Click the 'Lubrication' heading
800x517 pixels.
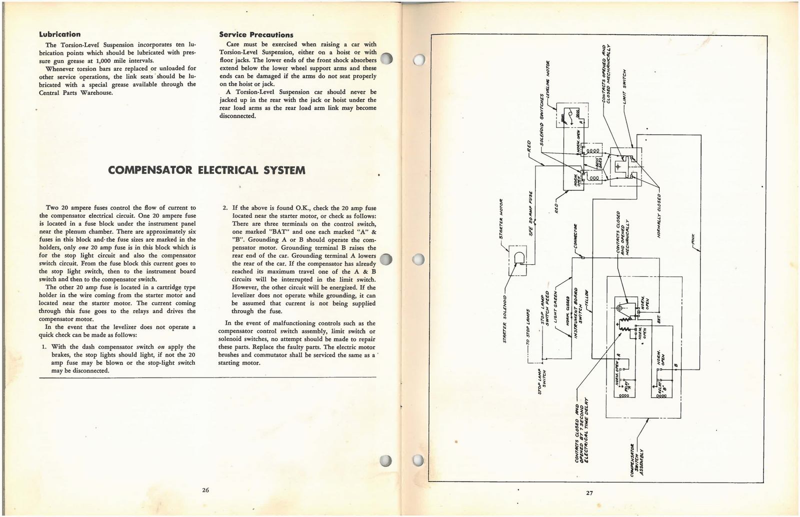(59, 34)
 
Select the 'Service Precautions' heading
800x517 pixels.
(256, 35)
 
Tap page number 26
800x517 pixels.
(205, 490)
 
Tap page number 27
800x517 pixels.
(589, 493)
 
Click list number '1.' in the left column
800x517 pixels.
(44, 347)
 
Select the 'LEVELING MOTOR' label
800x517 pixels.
(548, 82)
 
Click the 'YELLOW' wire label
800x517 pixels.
(587, 298)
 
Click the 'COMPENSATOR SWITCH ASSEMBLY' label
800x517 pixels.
(637, 460)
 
